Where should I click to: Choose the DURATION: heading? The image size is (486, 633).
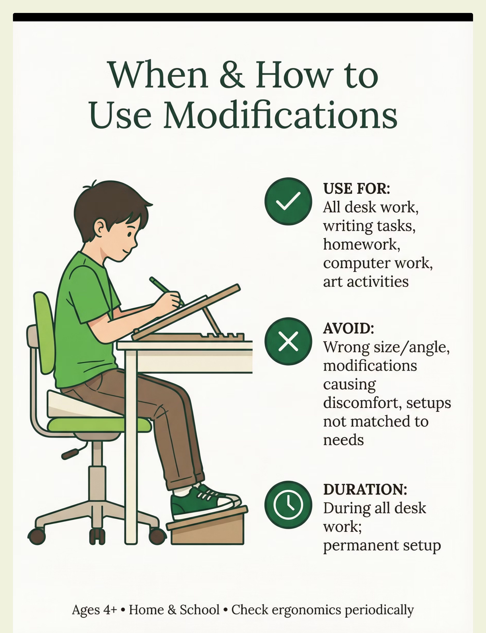click(x=365, y=489)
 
